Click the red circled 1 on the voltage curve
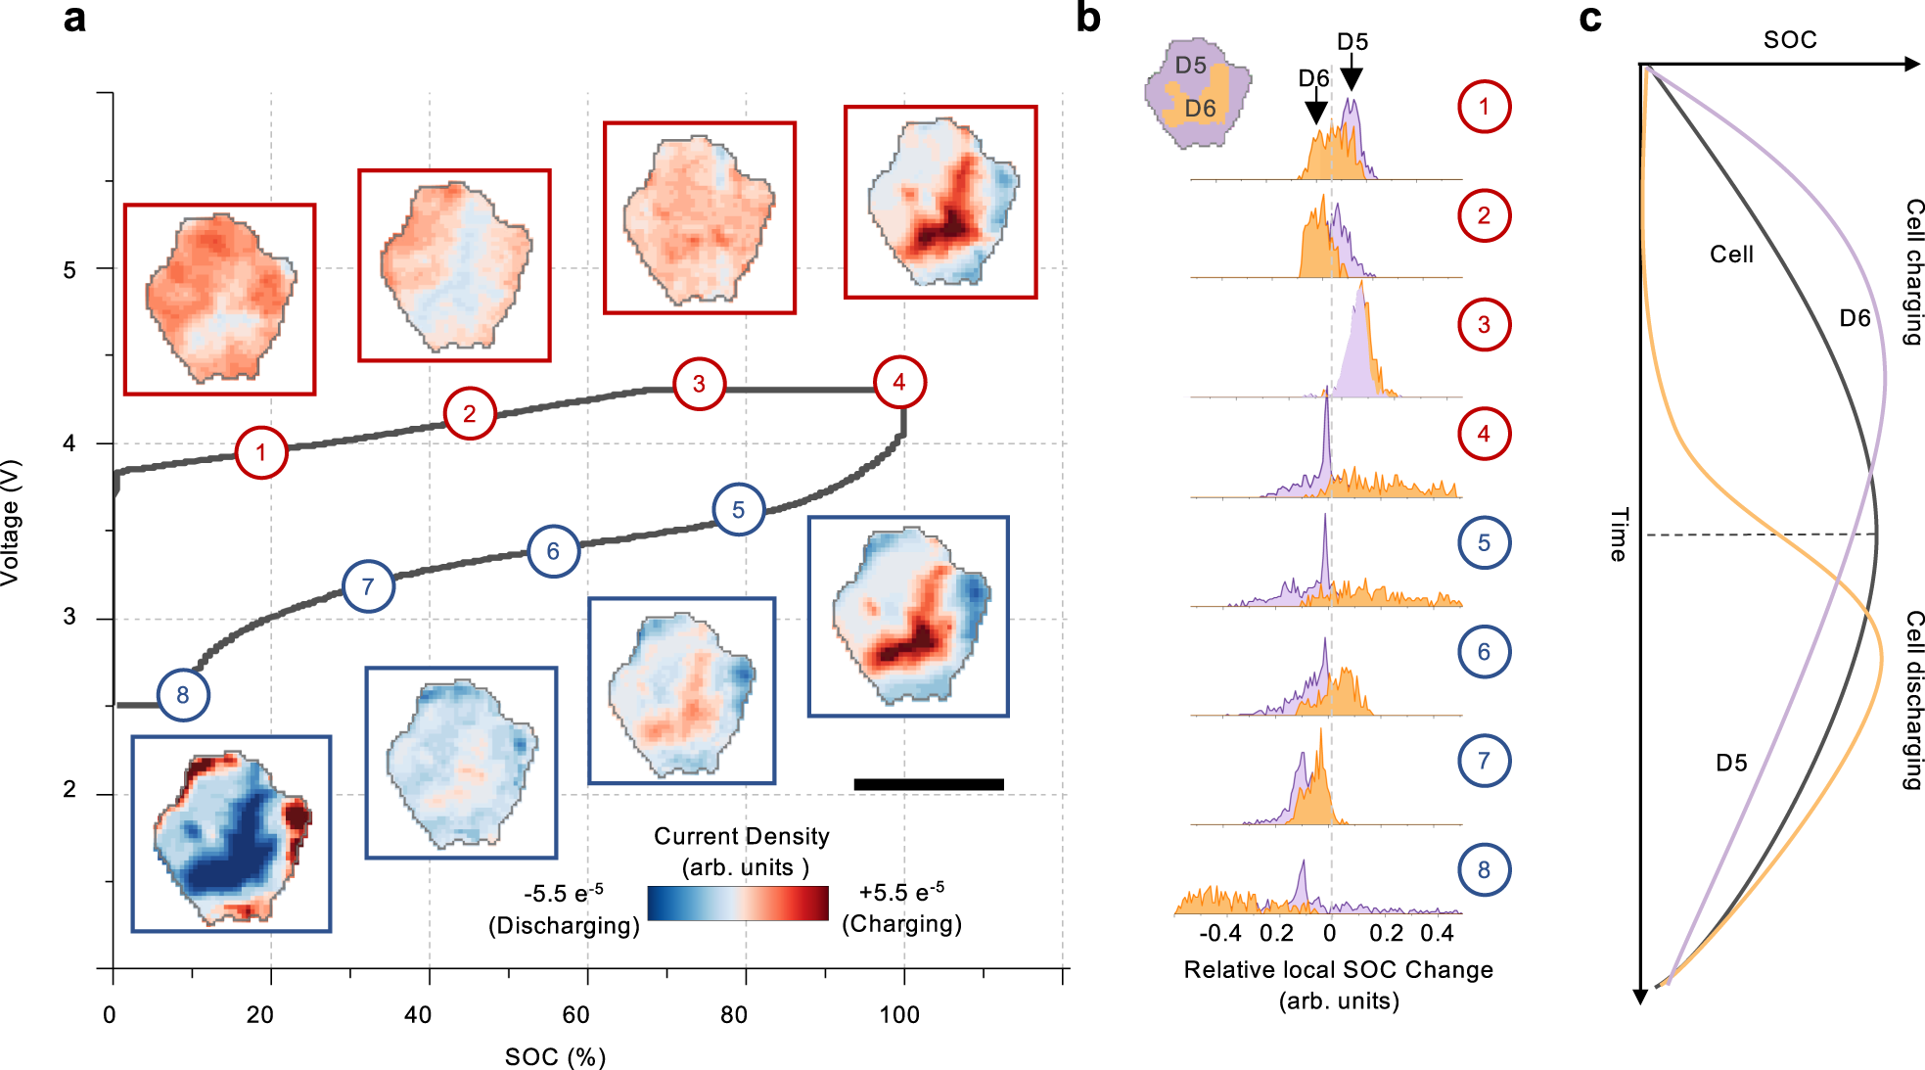[261, 452]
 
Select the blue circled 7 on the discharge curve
[368, 586]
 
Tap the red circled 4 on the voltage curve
[899, 383]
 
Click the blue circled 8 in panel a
[183, 695]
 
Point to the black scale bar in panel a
[928, 784]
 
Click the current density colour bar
[738, 903]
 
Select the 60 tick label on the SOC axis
[575, 1015]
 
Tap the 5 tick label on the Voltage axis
[69, 269]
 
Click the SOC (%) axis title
[555, 1057]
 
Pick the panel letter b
[1088, 18]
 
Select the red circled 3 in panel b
[1484, 325]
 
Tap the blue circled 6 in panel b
[1484, 652]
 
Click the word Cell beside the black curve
[1731, 255]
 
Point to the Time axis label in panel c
[1619, 535]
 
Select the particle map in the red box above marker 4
[940, 203]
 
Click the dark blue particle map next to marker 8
[231, 834]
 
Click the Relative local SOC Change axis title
[1338, 970]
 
